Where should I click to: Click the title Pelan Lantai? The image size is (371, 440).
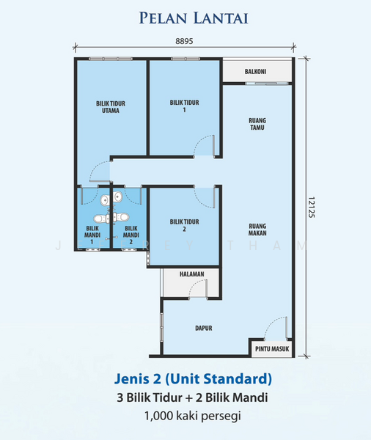(194, 18)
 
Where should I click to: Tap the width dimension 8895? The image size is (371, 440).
(184, 41)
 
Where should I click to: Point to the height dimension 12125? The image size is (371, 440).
(311, 207)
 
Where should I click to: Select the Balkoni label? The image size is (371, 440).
(255, 72)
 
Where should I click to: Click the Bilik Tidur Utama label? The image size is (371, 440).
(111, 107)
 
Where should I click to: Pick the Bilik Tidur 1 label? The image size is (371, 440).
(184, 106)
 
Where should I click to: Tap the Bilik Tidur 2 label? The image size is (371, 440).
(184, 225)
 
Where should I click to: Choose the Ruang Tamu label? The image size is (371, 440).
(257, 124)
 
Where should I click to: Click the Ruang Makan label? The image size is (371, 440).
(257, 230)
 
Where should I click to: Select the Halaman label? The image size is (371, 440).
(192, 274)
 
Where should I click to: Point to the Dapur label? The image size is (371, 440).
(204, 328)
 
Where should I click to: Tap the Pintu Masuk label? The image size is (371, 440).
(272, 349)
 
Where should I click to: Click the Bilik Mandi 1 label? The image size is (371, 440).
(92, 235)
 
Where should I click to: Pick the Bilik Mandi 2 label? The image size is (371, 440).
(131, 235)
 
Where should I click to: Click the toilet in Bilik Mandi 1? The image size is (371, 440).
(101, 219)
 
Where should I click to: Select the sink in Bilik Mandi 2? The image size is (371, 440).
(117, 196)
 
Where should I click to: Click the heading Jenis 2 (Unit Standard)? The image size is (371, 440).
(193, 378)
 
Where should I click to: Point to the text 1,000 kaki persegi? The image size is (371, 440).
(193, 416)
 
